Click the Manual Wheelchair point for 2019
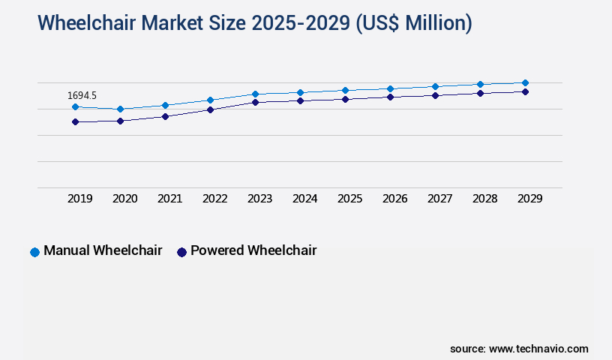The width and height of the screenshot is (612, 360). [x=75, y=106]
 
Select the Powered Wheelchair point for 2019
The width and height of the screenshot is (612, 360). [x=75, y=121]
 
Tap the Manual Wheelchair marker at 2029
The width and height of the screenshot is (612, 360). [x=525, y=82]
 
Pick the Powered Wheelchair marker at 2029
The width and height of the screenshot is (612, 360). [x=525, y=91]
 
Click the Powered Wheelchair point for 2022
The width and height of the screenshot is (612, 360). [x=210, y=109]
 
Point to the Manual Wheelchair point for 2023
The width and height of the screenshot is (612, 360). [x=255, y=94]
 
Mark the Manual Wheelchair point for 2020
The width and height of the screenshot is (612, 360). [x=120, y=109]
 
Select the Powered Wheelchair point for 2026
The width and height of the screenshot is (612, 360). [x=390, y=97]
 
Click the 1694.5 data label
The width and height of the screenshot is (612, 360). [x=82, y=95]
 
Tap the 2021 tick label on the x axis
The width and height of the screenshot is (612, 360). [x=169, y=199]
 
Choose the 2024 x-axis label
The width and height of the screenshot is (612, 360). [x=304, y=199]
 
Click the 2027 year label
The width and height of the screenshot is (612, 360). [x=439, y=199]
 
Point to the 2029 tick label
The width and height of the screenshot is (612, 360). [x=529, y=199]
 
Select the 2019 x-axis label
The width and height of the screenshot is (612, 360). [x=79, y=199]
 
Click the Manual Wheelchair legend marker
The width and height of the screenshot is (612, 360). [x=34, y=252]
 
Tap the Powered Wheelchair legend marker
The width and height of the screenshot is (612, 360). [x=181, y=252]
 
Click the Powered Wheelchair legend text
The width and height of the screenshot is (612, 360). [x=253, y=250]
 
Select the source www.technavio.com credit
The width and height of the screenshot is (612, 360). [x=519, y=349]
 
